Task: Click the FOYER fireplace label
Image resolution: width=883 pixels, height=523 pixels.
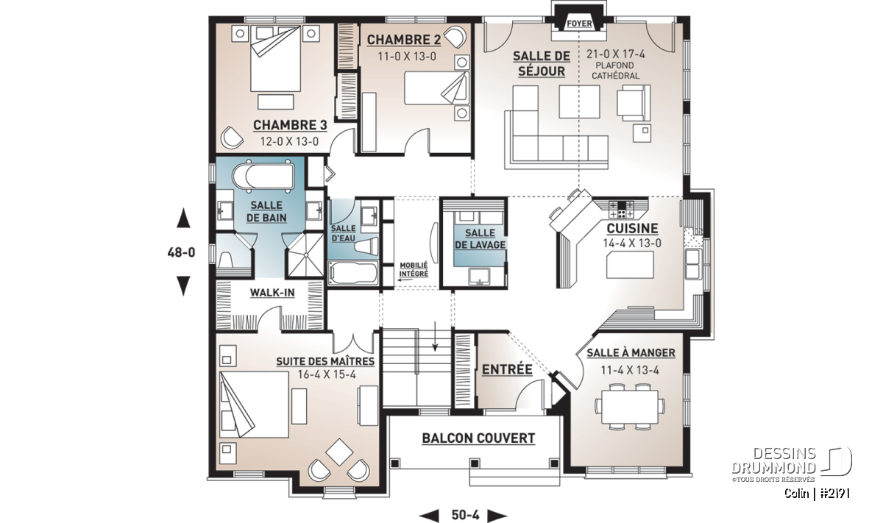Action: click(579, 24)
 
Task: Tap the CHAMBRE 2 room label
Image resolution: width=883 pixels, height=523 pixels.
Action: click(404, 40)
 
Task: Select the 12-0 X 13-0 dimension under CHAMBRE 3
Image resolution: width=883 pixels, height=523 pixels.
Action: click(289, 141)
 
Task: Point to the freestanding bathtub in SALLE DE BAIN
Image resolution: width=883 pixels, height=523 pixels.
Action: click(263, 177)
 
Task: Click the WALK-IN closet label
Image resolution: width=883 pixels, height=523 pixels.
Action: click(272, 293)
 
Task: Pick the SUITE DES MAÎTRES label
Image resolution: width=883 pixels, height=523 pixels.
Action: click(325, 361)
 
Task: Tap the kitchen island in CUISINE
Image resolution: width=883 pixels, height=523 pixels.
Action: click(630, 265)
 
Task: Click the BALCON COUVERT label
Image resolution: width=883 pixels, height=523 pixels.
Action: click(478, 438)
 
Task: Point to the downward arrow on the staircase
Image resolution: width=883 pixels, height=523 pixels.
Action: click(435, 336)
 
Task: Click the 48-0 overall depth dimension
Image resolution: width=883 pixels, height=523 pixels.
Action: click(181, 252)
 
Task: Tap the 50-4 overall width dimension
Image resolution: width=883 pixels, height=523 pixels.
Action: click(466, 515)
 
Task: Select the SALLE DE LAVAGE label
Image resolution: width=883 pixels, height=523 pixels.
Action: click(480, 239)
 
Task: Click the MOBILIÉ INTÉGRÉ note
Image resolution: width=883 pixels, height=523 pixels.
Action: click(414, 269)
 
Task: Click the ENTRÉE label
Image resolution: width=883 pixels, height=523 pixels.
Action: click(507, 369)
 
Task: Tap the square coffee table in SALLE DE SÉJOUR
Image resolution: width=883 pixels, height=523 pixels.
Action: click(580, 102)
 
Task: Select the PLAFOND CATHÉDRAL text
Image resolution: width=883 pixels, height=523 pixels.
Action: click(615, 71)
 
